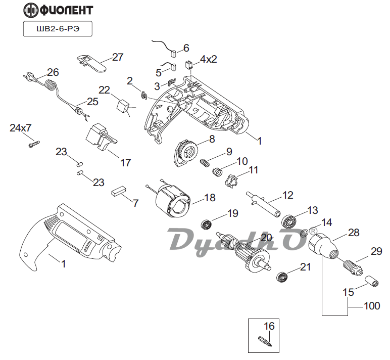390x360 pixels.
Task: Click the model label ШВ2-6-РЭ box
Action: click(x=58, y=28)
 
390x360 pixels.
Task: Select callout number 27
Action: click(x=118, y=57)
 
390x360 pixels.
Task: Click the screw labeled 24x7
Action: click(x=33, y=144)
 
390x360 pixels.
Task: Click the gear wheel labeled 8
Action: click(x=185, y=152)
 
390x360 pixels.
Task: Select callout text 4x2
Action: click(x=208, y=59)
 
